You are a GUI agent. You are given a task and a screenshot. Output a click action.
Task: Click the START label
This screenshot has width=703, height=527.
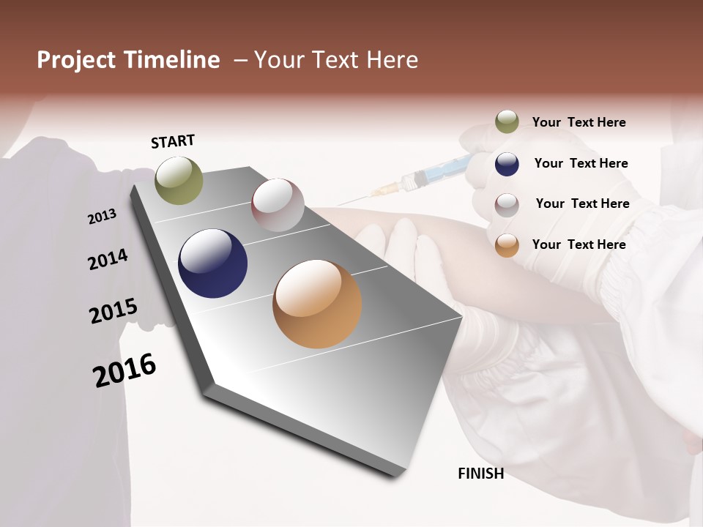pyautogui.click(x=173, y=141)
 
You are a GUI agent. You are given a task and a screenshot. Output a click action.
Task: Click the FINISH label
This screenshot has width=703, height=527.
pyautogui.click(x=480, y=474)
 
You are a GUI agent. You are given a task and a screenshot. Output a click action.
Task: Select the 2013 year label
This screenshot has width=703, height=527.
pyautogui.click(x=102, y=217)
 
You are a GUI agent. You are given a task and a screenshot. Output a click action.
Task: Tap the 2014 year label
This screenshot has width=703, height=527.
pyautogui.click(x=108, y=260)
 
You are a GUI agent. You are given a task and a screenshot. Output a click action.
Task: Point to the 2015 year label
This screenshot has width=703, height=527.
pyautogui.click(x=114, y=311)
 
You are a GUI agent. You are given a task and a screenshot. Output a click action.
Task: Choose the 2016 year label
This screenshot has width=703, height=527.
pyautogui.click(x=124, y=370)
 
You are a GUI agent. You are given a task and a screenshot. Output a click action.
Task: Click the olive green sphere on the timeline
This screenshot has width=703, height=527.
pyautogui.click(x=179, y=180)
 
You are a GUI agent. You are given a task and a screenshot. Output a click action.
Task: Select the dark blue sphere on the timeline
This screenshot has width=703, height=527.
pyautogui.click(x=212, y=263)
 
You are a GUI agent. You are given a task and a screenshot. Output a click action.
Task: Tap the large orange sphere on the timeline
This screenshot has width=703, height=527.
pyautogui.click(x=317, y=304)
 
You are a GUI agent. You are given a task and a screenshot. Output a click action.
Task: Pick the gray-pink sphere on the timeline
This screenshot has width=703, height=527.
pyautogui.click(x=278, y=205)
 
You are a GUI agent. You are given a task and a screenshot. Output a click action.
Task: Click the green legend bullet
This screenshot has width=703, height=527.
pyautogui.click(x=507, y=122)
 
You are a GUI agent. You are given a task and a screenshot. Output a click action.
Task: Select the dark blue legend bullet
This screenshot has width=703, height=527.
pyautogui.click(x=507, y=164)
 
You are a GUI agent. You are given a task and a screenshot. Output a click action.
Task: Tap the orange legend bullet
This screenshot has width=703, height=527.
pyautogui.click(x=507, y=245)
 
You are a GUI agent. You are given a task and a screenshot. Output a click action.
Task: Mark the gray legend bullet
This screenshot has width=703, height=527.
pyautogui.click(x=507, y=204)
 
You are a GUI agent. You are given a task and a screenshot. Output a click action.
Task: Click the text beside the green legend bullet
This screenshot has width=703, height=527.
pyautogui.click(x=579, y=122)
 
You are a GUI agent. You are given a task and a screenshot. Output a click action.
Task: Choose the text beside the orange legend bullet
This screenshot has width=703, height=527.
pyautogui.click(x=579, y=244)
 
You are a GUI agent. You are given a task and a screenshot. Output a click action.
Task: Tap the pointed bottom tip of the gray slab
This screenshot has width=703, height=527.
pyautogui.click(x=396, y=474)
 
